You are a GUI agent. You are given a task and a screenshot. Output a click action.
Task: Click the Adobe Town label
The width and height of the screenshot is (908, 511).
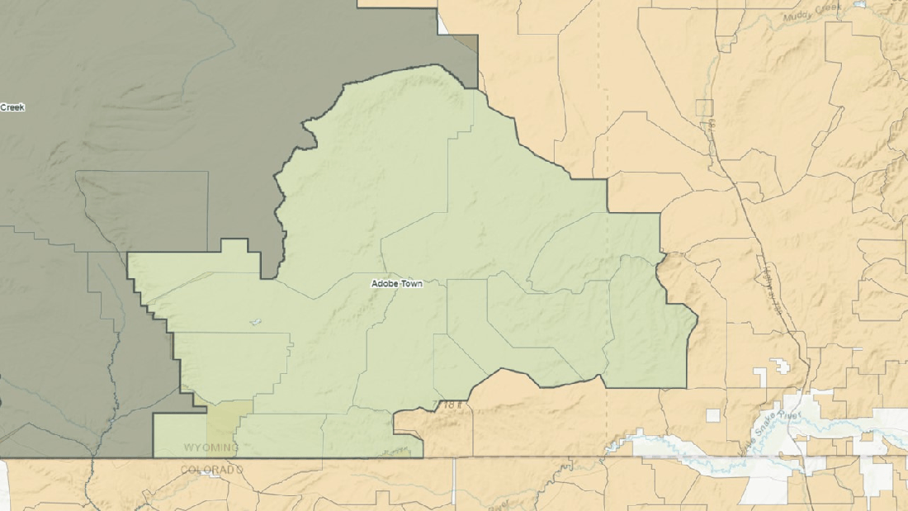[x=397, y=283]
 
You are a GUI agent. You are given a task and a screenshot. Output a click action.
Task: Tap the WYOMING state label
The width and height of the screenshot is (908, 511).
[x=210, y=447]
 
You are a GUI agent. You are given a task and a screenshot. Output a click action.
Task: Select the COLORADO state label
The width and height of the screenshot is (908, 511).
[x=212, y=470]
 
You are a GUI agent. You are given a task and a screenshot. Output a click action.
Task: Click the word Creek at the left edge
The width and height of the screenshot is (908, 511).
[x=12, y=107]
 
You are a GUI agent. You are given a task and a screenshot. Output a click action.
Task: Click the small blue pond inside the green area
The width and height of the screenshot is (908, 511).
[x=254, y=322]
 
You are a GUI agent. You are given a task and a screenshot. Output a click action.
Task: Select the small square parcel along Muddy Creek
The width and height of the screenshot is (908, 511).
[x=704, y=107]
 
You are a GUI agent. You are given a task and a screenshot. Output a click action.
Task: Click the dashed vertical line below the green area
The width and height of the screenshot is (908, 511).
[x=608, y=421]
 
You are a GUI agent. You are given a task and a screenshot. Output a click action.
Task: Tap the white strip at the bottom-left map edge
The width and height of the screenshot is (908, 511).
[x=3, y=487]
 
